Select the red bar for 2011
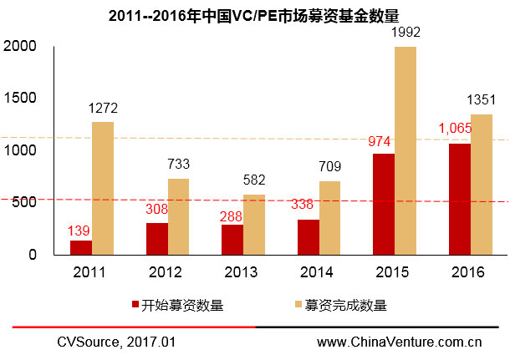pos(81,247)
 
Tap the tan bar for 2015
pos(405,150)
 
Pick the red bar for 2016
pos(459,199)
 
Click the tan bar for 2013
pos(253,224)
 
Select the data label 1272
pos(104,109)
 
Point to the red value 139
pos(79,229)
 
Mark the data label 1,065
pos(456,129)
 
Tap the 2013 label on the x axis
pos(242,271)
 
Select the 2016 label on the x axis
pos(469,271)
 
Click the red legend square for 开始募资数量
pos(135,306)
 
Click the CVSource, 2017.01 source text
pos(116,342)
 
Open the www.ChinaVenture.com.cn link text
pos(400,342)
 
